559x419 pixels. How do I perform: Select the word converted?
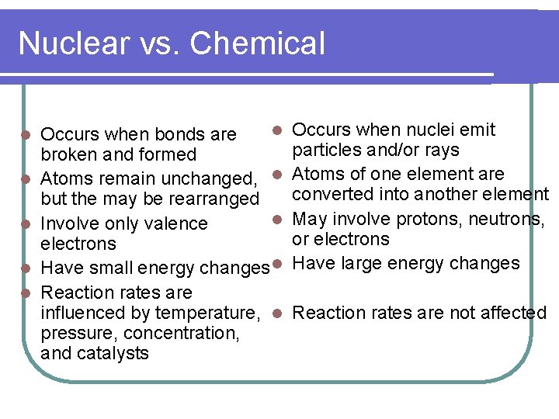pyautogui.click(x=332, y=194)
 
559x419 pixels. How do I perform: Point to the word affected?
pyautogui.click(x=515, y=313)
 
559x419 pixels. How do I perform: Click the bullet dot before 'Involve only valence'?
pyautogui.click(x=26, y=224)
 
